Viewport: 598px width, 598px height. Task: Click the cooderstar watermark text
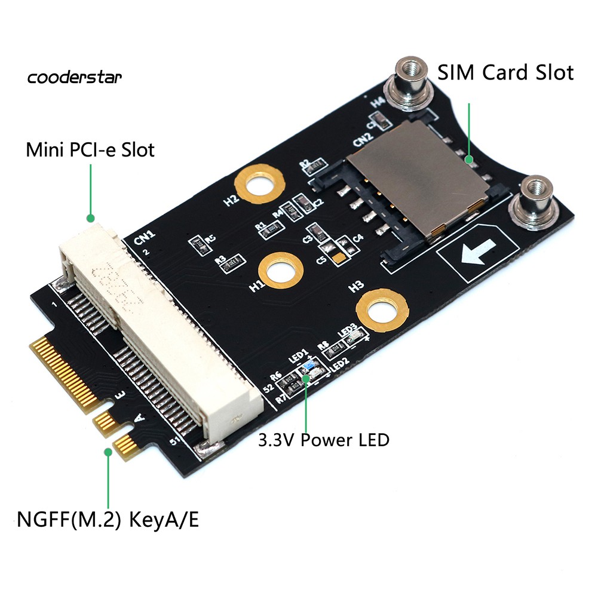75,77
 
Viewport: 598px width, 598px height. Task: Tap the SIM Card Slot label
505,73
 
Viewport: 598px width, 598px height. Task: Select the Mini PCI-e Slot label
90,149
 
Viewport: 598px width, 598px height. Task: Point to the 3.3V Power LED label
323,440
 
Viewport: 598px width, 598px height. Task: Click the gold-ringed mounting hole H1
283,271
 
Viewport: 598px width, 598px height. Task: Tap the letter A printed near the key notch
139,418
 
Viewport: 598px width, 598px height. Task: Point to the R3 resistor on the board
233,260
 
